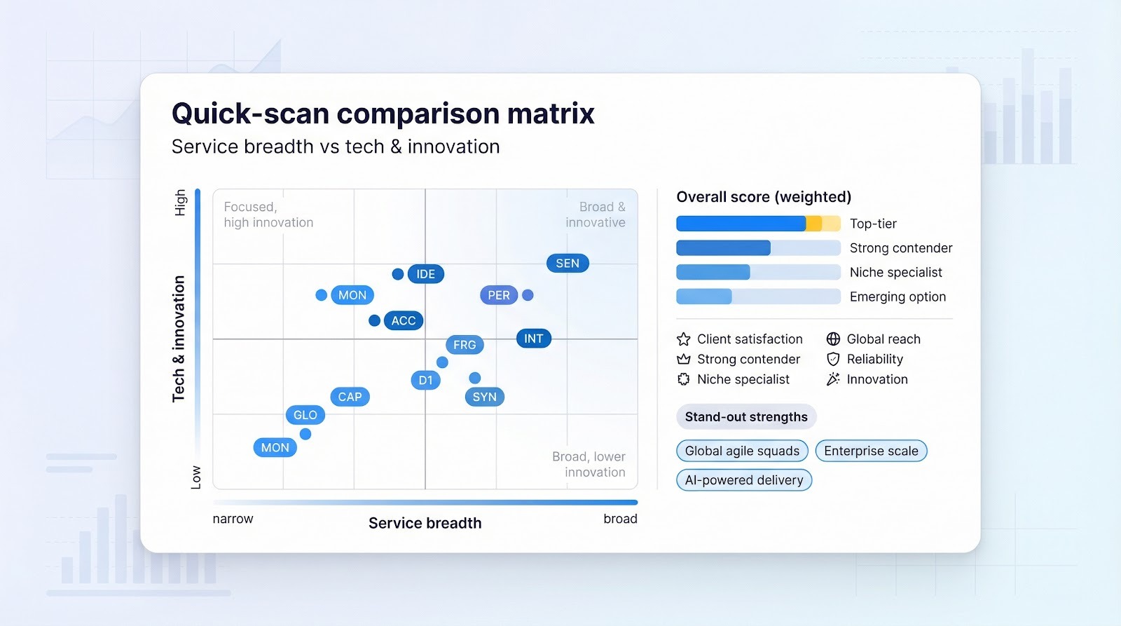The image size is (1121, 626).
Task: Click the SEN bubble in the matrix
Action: [568, 264]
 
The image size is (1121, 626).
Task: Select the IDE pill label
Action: [425, 274]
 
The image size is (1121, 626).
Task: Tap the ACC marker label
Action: [403, 321]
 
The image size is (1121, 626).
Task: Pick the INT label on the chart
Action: [533, 339]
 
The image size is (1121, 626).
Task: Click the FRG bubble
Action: [464, 345]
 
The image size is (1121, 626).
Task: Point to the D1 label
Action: [425, 381]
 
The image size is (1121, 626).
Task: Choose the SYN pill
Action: [484, 397]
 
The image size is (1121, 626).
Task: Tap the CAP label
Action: [350, 397]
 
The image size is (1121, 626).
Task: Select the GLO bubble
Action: [305, 415]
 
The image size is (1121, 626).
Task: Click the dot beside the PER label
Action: [528, 295]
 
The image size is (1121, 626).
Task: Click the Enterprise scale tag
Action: [871, 451]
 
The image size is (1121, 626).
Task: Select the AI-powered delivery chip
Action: [743, 480]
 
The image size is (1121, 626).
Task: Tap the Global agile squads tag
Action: [742, 451]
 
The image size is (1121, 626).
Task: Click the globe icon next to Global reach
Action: [833, 339]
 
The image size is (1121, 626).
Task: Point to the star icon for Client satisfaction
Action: [684, 339]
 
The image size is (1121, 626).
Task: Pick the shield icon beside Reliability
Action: [833, 359]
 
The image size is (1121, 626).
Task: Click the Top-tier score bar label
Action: [873, 224]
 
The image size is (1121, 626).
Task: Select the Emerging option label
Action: [898, 297]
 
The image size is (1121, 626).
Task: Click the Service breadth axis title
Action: [425, 523]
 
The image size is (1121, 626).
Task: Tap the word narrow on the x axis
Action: [233, 519]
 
